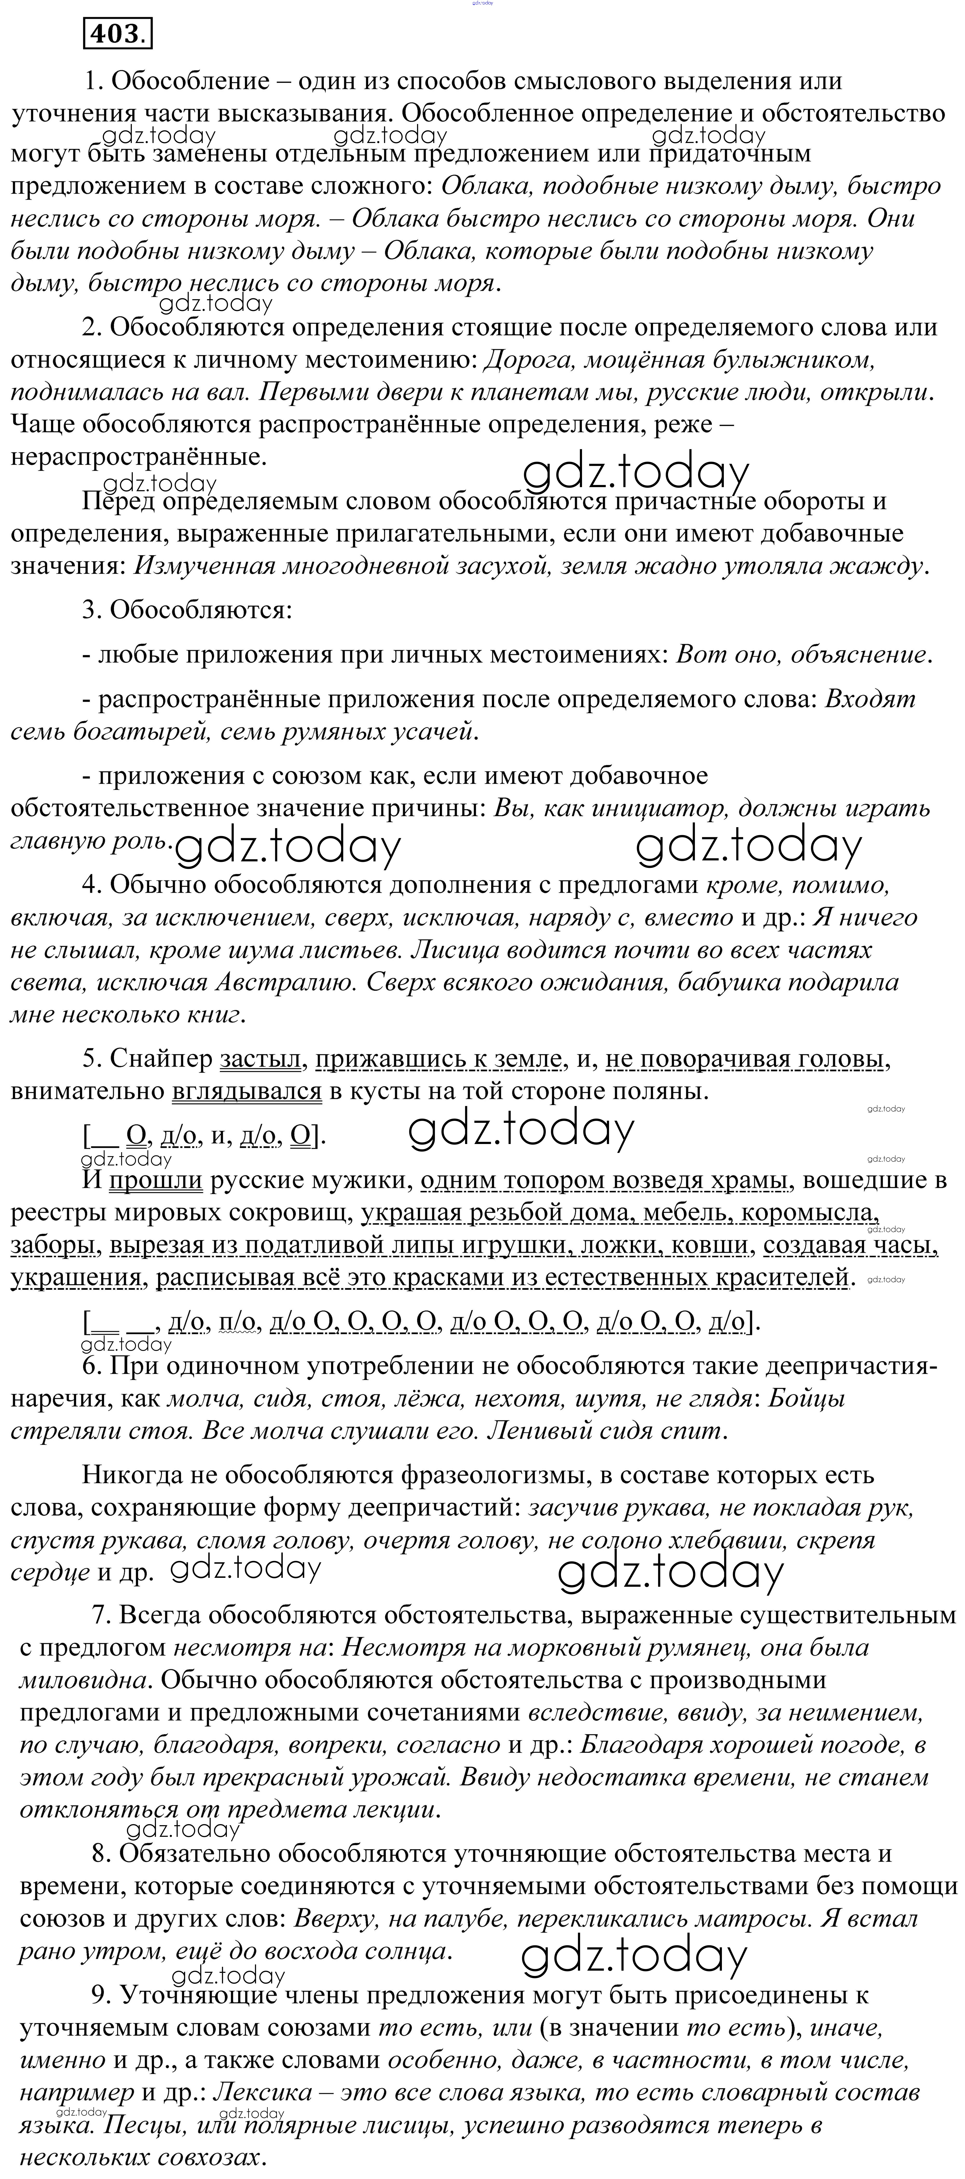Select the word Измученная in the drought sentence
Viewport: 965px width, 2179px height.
click(204, 566)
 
